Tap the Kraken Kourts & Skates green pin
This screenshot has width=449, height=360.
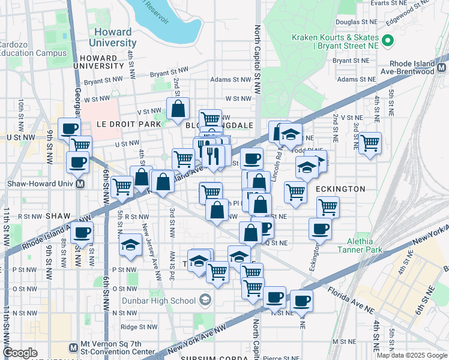click(388, 41)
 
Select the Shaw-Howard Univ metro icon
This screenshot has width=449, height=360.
click(80, 184)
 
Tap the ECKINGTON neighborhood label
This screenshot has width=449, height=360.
click(340, 189)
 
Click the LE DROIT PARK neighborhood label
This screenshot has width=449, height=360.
click(128, 124)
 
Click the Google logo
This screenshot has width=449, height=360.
click(20, 353)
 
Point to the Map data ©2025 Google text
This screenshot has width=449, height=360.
click(412, 355)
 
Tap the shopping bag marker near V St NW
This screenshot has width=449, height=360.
click(178, 109)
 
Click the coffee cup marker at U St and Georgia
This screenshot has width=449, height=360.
click(70, 128)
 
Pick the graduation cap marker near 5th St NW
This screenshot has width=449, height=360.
click(130, 245)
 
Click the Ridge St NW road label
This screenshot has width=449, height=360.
click(137, 327)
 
